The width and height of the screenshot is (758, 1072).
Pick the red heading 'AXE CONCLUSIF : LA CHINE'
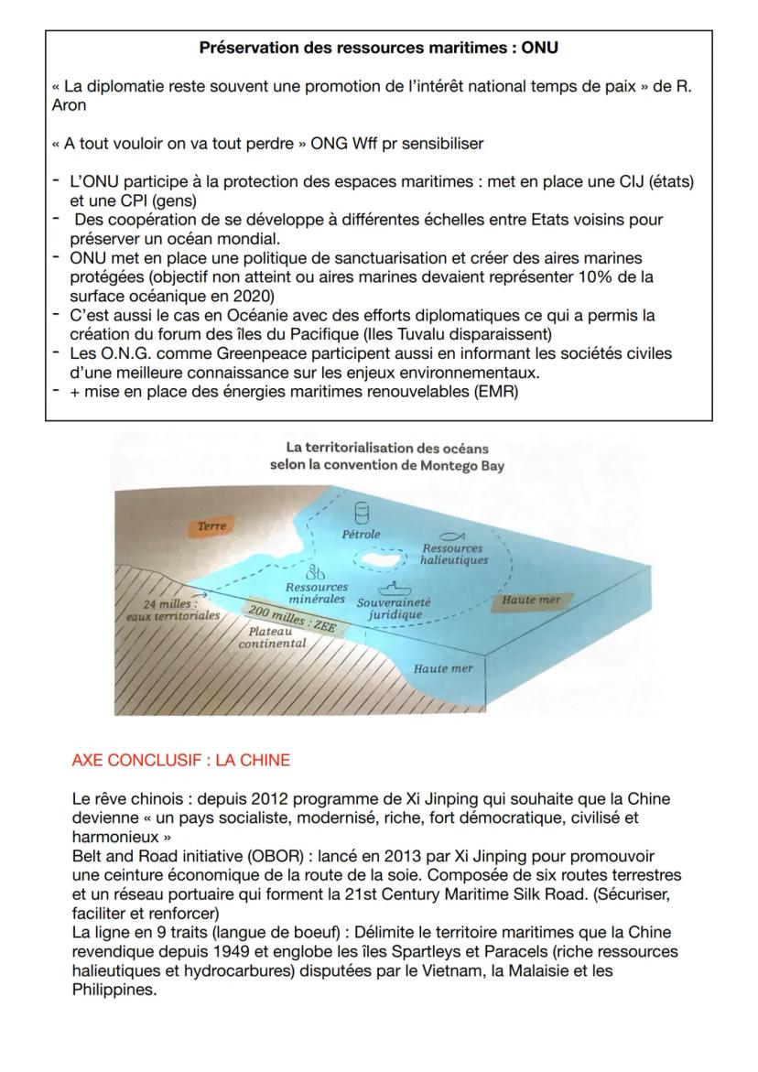click(x=180, y=760)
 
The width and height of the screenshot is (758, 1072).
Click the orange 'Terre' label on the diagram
click(x=211, y=525)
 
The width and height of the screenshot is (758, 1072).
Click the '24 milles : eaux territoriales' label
click(x=173, y=610)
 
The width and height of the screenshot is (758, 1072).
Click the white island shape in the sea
click(x=379, y=556)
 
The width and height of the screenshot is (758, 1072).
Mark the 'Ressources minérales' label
click(x=317, y=592)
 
